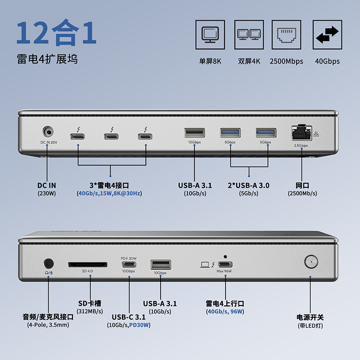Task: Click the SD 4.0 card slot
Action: pos(88,264)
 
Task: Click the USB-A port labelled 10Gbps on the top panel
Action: pos(194,133)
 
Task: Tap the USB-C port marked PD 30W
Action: pos(128,265)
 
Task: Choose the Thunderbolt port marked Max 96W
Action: pos(224,264)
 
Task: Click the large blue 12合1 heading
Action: pos(57,33)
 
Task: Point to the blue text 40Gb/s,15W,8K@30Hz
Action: pos(110,193)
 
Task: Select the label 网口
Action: pos(302,185)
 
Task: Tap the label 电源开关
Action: pos(310,317)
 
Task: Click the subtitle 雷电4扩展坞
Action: pos(47,59)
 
